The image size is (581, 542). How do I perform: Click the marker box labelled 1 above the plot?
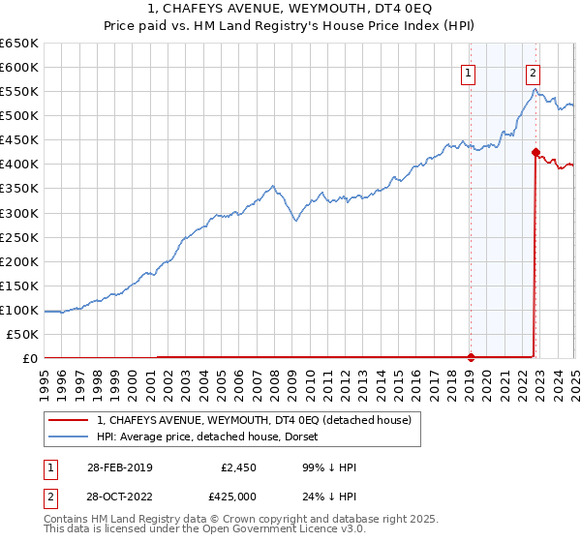[x=469, y=72]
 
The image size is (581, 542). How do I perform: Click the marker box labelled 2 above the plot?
[x=534, y=72]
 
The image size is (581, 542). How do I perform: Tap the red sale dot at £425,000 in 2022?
[x=535, y=151]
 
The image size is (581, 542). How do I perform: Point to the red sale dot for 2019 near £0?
[x=471, y=356]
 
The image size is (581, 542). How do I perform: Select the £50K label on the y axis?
[x=22, y=334]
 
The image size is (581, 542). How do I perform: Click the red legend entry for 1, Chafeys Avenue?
[x=254, y=420]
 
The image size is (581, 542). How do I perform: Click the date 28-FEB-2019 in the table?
[x=118, y=467]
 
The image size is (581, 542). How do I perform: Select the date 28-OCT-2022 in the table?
[x=118, y=498]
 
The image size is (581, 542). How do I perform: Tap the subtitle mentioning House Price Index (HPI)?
[x=290, y=28]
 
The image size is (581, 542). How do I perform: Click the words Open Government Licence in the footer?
[x=263, y=531]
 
